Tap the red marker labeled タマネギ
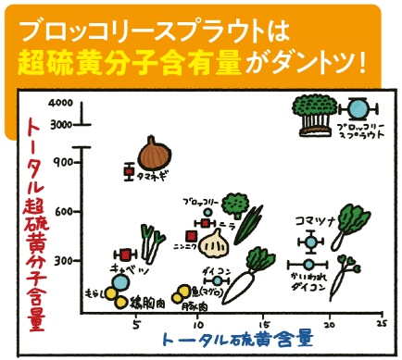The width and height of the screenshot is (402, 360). coord(131,170)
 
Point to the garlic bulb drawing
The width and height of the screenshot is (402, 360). coord(215,244)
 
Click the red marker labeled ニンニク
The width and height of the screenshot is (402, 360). coord(192,237)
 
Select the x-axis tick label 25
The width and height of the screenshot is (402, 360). coord(381,324)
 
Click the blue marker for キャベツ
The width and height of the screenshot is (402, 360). coord(119,279)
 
